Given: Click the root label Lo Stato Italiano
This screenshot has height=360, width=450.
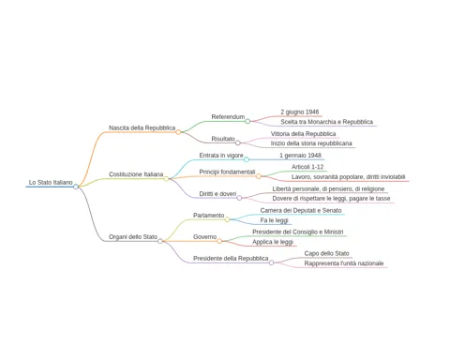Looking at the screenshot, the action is click(x=51, y=182).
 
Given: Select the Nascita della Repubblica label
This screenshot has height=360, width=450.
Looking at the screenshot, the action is click(x=142, y=127).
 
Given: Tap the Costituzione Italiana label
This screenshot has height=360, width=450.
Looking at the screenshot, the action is click(x=136, y=174).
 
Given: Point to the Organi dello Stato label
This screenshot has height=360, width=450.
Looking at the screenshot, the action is click(x=133, y=237).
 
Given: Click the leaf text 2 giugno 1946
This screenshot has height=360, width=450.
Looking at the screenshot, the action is click(x=300, y=112).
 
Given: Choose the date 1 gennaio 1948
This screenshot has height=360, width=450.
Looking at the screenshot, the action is click(x=300, y=156).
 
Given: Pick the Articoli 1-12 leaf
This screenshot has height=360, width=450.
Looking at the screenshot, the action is click(x=307, y=167).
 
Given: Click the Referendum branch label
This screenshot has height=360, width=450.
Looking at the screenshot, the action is click(x=228, y=117).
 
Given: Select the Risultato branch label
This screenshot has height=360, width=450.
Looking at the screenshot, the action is click(x=223, y=139).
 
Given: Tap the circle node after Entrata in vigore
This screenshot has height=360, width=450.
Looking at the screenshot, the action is click(x=247, y=159).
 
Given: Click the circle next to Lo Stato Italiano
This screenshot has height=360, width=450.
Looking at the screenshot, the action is click(x=76, y=187).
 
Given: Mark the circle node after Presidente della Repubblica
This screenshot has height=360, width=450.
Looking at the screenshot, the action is click(x=271, y=262).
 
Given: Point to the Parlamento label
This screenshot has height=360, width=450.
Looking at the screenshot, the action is click(x=208, y=216).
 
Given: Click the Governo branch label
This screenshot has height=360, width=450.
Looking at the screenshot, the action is click(x=204, y=237).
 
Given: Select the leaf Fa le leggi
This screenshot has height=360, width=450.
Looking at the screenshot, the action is click(x=274, y=220).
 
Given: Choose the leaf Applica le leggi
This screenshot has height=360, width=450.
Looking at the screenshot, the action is click(x=273, y=242).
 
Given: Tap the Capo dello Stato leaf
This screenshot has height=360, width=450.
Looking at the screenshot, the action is click(x=326, y=253).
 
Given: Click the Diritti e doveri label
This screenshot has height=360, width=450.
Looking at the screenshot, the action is click(x=217, y=194).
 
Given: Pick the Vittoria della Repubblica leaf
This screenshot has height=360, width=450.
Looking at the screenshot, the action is click(x=303, y=134).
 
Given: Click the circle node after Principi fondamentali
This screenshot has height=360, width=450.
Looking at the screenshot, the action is click(x=259, y=176).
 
